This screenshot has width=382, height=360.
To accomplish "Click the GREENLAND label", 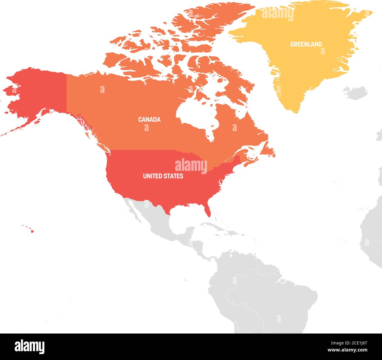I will click(306, 44).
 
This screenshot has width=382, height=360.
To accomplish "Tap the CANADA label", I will click(149, 119).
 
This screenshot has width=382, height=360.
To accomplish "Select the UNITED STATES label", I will click(163, 176).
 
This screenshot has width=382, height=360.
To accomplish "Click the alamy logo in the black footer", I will click(29, 346).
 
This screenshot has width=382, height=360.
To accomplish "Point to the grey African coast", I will click(372, 232).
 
